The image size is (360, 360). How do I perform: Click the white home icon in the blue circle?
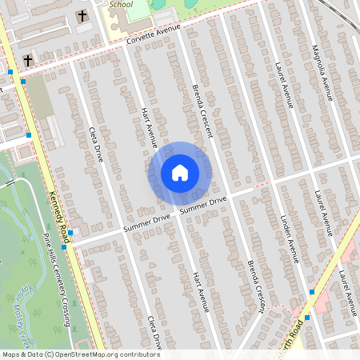179,172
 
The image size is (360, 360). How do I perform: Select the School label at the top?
122,4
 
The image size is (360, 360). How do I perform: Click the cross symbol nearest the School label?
82,16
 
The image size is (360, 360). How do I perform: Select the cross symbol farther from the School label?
28,60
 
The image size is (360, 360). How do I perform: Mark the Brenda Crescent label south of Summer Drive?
255,284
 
